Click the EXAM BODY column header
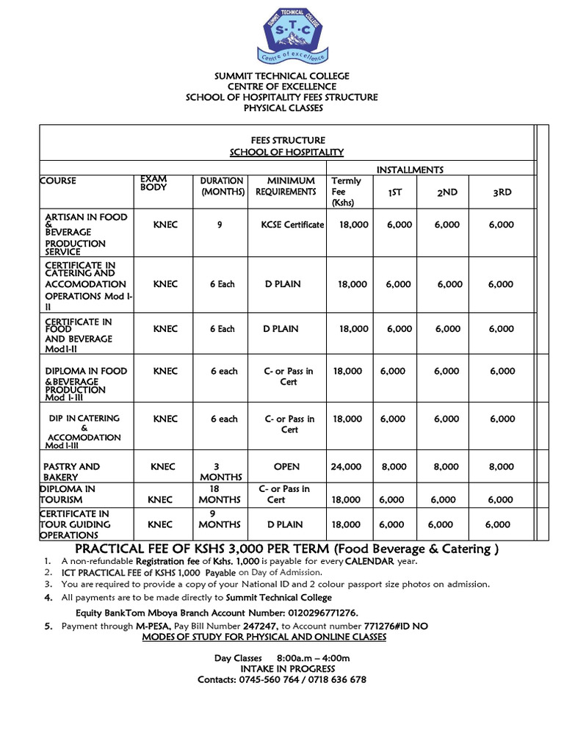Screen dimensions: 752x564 point(153,183)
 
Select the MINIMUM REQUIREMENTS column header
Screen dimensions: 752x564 point(286,186)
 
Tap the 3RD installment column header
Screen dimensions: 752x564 point(502,192)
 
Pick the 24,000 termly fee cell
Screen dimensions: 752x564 point(347,466)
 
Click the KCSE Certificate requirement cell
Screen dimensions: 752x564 point(293,225)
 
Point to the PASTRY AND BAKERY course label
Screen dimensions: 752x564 point(71,471)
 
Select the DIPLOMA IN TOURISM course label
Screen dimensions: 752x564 point(68,493)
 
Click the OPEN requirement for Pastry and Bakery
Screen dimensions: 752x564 point(286,466)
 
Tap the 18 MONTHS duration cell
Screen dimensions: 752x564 point(215,493)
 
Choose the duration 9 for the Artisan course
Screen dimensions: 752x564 point(220,225)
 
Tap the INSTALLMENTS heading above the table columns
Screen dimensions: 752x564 point(410,170)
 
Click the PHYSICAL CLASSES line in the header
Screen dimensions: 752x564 point(283,108)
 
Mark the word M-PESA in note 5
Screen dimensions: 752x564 point(153,626)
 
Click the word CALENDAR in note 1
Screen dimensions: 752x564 point(364,561)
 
